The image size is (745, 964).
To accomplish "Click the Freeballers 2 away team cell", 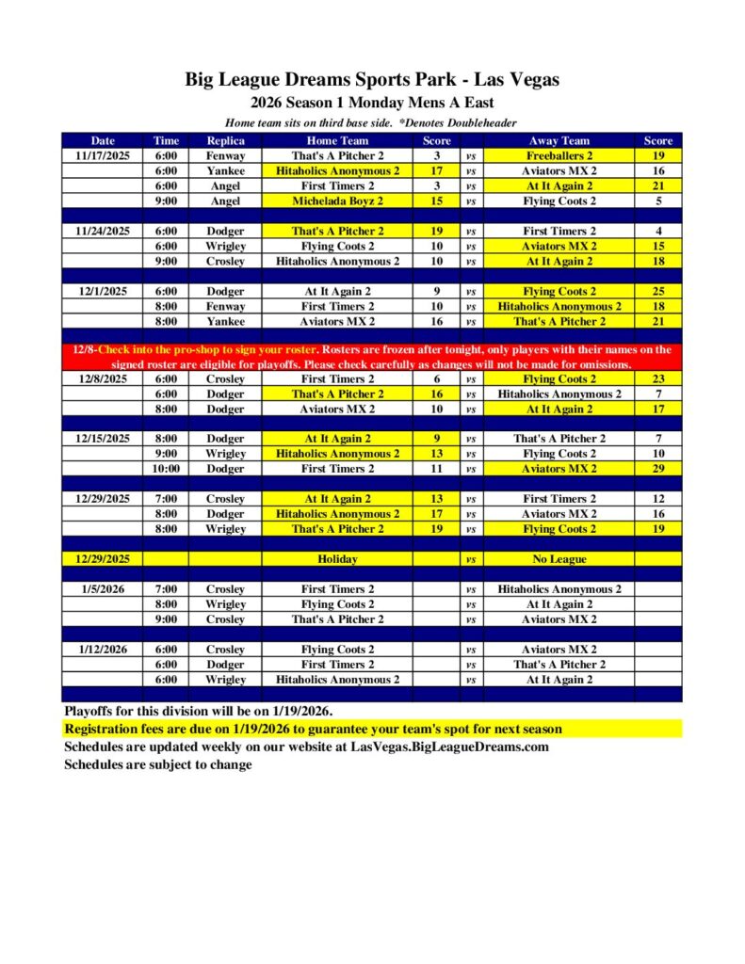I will tap(559, 155).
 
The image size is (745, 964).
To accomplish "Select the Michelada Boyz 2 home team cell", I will tap(337, 201).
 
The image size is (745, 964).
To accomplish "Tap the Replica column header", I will tap(225, 140).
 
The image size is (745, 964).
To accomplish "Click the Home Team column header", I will tap(337, 140).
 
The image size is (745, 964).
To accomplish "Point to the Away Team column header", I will tap(559, 140).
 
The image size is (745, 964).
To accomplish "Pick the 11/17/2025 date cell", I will tap(102, 155).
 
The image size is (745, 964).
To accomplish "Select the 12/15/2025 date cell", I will tap(102, 439).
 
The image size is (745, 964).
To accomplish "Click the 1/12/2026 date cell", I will tap(102, 650).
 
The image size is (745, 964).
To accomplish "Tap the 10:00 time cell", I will tap(166, 469).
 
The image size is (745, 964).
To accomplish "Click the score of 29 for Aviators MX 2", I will tap(657, 469).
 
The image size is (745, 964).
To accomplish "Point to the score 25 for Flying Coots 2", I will tap(657, 292).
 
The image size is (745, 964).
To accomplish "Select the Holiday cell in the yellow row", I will tap(337, 559).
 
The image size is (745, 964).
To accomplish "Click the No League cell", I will tap(559, 559).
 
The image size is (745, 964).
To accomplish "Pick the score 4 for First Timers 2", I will tap(657, 231).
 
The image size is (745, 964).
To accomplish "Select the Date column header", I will tap(102, 140).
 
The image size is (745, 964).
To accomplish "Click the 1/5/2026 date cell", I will tap(102, 589).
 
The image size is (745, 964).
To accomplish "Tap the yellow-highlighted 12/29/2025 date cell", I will tap(102, 559).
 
